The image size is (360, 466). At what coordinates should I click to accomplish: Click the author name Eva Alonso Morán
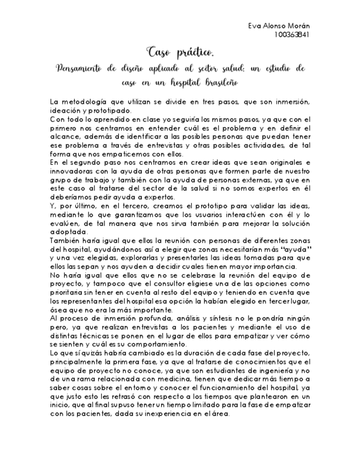coord(279,26)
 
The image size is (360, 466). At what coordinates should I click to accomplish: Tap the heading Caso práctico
coord(180,53)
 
